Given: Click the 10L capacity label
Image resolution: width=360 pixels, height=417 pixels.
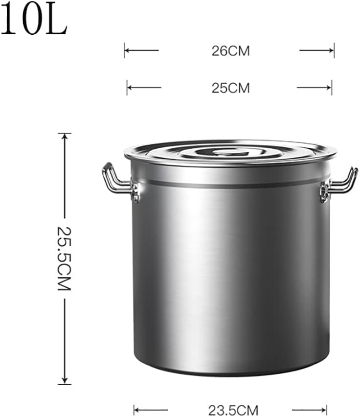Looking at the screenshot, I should [33, 20].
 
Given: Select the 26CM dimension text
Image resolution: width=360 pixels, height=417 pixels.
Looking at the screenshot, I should [230, 51].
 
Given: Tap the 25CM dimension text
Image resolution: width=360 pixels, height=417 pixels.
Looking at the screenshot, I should [230, 88].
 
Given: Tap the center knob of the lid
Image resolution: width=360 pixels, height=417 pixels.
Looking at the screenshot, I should [230, 151].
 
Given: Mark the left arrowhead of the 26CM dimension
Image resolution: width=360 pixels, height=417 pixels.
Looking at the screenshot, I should [127, 50].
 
